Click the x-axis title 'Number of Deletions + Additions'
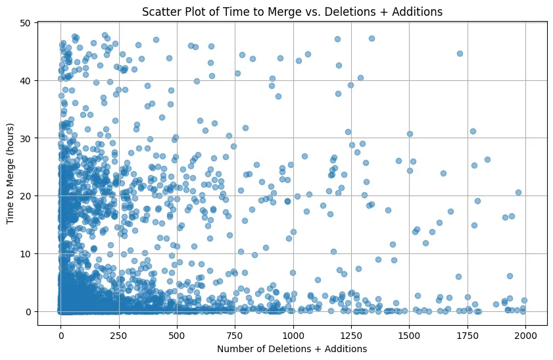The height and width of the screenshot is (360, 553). pos(292,348)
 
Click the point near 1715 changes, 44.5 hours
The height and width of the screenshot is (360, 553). pos(460,54)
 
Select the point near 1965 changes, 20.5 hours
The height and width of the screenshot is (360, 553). pos(518,193)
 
